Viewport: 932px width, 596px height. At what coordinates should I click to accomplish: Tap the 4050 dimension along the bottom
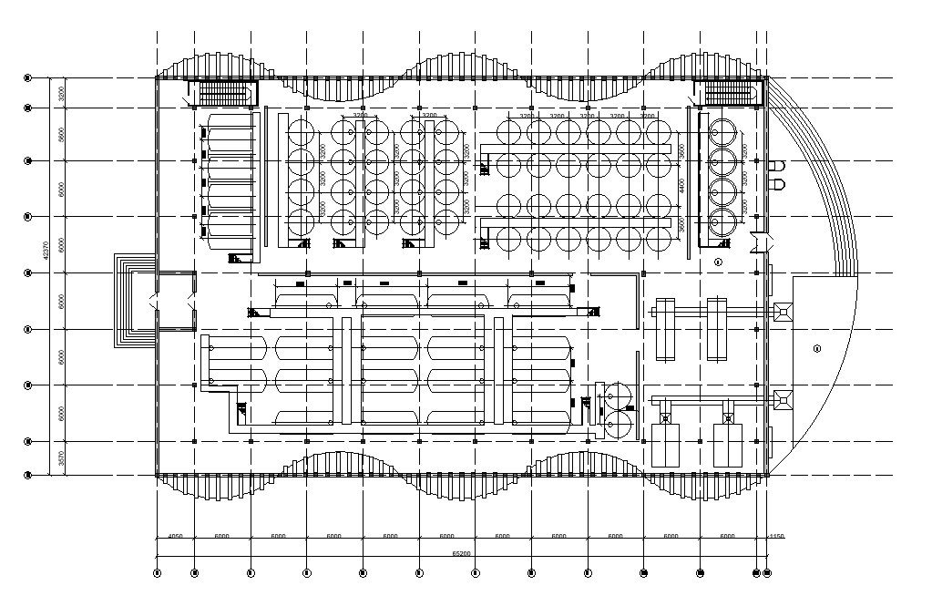coord(175,536)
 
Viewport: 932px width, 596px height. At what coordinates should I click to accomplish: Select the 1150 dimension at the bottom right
coord(775,536)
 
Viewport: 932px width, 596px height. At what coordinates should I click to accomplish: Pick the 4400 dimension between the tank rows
coord(681,186)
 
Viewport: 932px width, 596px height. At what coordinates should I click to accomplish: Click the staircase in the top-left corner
coord(224,93)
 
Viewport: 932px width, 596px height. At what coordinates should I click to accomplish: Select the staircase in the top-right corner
coord(729,93)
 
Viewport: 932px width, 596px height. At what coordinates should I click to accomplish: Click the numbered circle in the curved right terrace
coord(816,348)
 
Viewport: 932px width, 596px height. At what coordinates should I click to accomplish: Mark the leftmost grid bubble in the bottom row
coord(157,573)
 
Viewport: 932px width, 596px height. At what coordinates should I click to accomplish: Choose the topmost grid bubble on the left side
coord(28,79)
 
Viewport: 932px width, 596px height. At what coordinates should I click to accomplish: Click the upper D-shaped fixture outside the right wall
coord(777,167)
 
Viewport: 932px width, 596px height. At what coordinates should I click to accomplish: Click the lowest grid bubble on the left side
coord(28,475)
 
